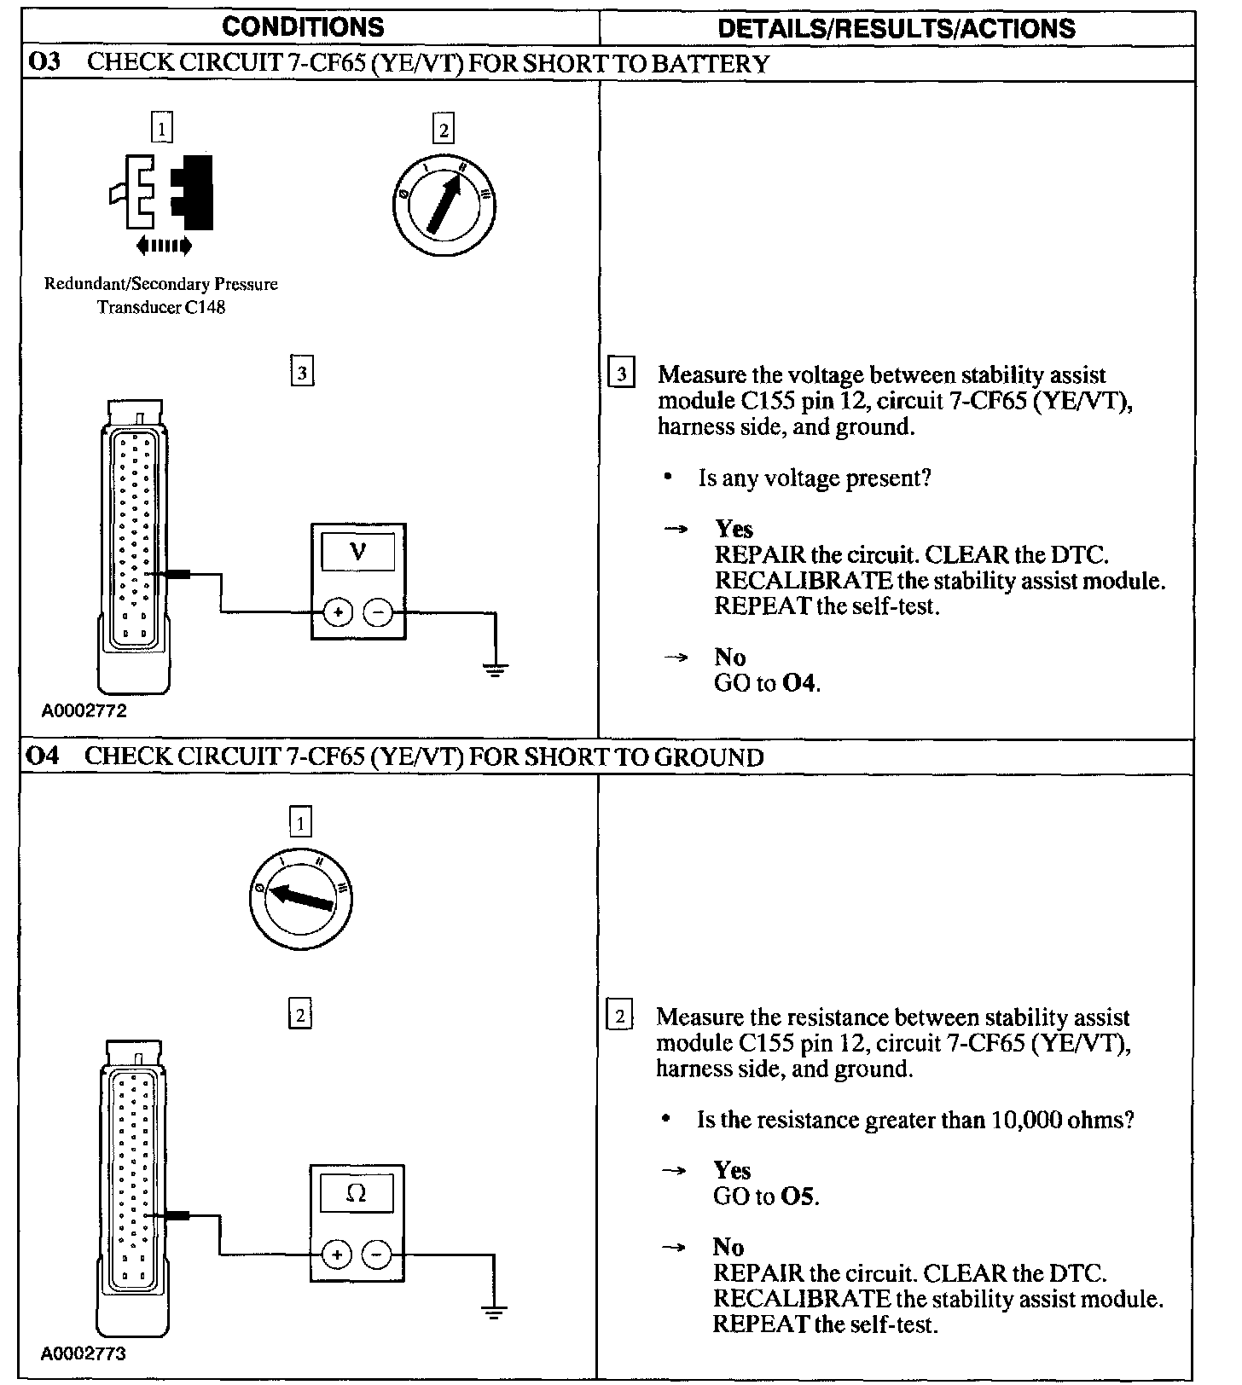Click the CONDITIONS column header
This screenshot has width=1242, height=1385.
303,27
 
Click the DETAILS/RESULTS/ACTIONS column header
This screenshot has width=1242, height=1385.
897,29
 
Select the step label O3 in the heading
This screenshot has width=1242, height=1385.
43,63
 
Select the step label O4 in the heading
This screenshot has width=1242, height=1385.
43,756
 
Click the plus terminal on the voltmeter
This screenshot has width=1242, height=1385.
339,612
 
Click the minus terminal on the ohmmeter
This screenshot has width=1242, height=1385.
376,1255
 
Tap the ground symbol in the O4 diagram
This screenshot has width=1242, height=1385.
494,1311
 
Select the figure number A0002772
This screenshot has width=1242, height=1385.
84,710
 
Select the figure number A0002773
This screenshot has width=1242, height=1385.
84,1353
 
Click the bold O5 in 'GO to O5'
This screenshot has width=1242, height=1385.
798,1197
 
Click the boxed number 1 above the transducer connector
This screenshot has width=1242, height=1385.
161,129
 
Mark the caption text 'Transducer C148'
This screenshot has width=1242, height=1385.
161,307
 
